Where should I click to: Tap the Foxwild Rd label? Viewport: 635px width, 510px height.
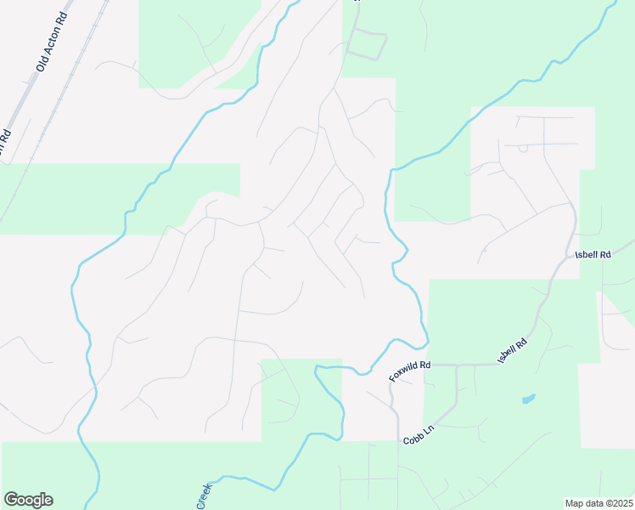(x=411, y=370)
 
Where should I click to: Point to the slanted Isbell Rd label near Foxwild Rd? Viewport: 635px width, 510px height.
(x=513, y=351)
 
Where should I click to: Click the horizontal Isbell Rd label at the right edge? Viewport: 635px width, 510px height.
(x=593, y=254)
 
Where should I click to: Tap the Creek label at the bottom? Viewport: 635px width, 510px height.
(x=204, y=497)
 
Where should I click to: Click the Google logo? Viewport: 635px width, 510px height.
(x=28, y=500)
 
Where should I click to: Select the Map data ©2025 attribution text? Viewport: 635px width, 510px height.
(x=599, y=503)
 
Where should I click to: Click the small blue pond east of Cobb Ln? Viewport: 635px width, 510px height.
(x=528, y=398)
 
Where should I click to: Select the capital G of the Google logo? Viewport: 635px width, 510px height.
(x=11, y=500)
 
